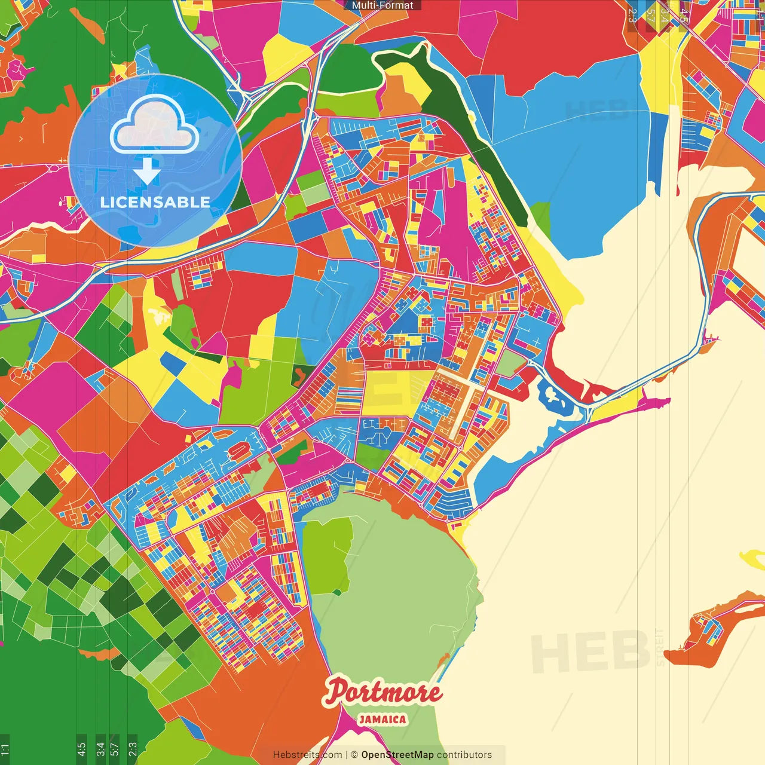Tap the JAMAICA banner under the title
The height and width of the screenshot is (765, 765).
tap(382, 720)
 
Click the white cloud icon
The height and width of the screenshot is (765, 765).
tap(155, 124)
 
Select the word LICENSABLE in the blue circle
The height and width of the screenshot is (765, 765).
tap(155, 202)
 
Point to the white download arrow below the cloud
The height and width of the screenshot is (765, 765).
tap(146, 172)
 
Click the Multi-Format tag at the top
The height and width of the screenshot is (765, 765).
tap(382, 5)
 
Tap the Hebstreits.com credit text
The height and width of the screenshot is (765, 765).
tap(307, 755)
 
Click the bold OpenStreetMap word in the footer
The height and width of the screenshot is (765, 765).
tap(397, 755)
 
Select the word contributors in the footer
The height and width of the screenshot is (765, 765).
tap(464, 755)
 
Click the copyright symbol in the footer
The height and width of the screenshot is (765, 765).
tap(354, 755)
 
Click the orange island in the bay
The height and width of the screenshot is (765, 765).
tap(708, 628)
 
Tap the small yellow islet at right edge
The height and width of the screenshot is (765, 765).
tap(754, 559)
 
